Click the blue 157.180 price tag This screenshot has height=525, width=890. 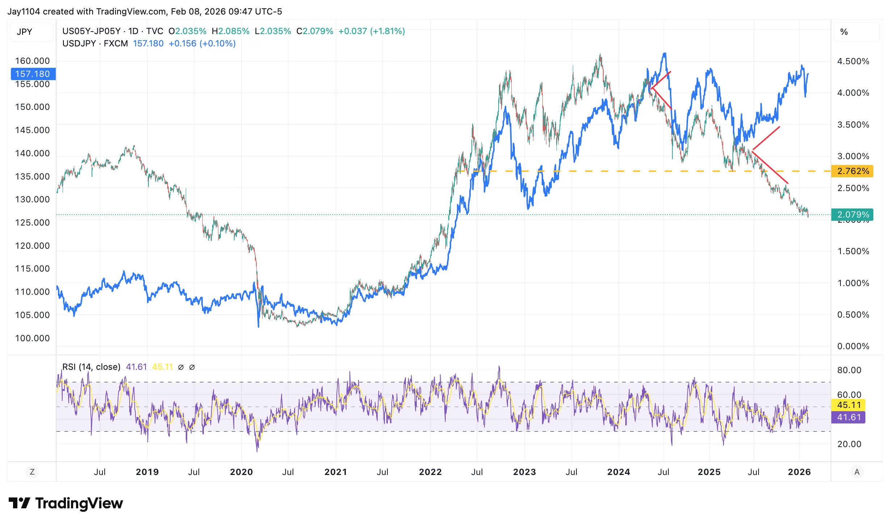pos(33,74)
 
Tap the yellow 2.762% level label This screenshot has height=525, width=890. pos(853,171)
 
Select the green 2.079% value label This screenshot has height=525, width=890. pos(853,215)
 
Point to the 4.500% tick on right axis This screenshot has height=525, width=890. pos(853,61)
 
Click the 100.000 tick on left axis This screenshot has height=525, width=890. pos(33,338)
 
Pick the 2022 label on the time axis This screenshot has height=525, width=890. pos(430,472)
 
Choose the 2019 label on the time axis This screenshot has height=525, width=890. pos(147,472)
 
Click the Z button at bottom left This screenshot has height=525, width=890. pos(32,472)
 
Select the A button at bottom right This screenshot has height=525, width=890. pos(857,472)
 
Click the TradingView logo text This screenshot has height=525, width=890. pos(79,503)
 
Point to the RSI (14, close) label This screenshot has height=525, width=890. pos(91,367)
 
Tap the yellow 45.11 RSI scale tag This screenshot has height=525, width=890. pos(849,405)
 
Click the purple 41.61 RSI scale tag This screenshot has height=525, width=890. pos(849,417)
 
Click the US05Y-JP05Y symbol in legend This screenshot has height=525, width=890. pos(91,31)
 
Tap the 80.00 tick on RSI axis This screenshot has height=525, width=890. pos(849,370)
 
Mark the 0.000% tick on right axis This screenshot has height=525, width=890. pos(853,346)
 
